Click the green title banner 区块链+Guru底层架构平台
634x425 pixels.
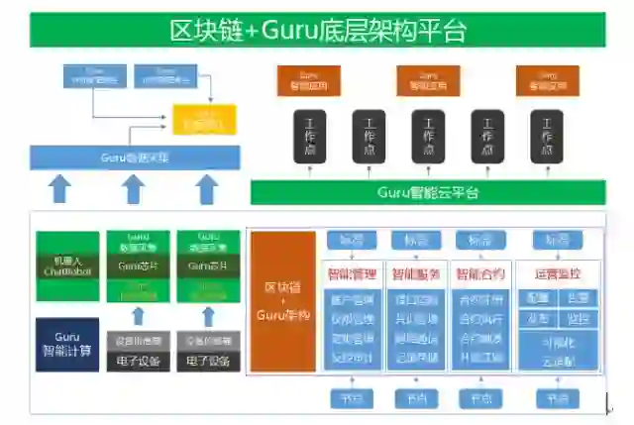[317, 30]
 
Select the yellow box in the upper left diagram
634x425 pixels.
[205, 119]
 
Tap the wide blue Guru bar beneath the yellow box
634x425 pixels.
[135, 157]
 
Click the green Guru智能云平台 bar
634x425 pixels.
[427, 192]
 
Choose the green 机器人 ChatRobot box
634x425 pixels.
[68, 266]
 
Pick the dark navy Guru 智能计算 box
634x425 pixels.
[67, 343]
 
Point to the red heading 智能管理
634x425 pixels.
[351, 272]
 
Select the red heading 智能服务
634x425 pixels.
[416, 272]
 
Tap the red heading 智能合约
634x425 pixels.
[480, 272]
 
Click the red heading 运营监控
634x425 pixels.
[557, 272]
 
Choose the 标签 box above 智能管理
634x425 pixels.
[351, 241]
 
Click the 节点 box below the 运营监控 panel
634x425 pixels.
[557, 398]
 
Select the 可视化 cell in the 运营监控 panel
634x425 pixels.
[557, 342]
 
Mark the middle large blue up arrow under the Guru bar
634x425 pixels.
[134, 187]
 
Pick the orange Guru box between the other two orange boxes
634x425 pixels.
[428, 79]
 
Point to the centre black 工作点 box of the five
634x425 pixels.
[428, 136]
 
